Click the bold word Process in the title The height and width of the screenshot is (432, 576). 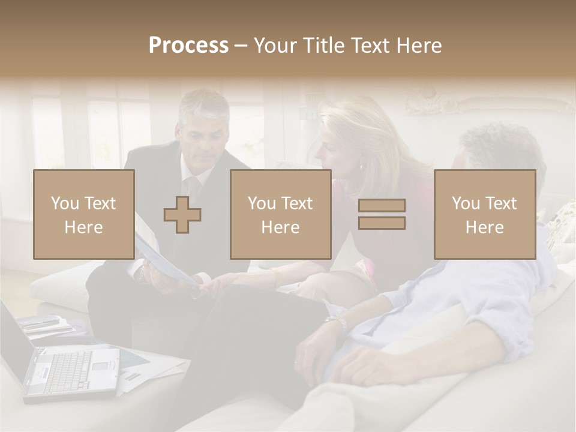point(188,46)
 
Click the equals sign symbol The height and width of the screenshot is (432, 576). point(382,214)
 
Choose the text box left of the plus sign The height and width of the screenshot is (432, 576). point(83,215)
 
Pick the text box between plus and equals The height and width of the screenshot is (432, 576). point(280,215)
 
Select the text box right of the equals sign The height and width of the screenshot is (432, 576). point(484,215)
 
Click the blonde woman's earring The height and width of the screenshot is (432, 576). point(361,166)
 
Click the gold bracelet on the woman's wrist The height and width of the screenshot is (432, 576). point(275,277)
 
